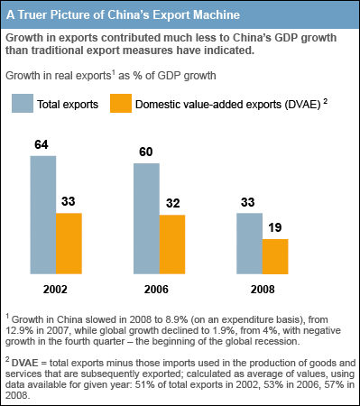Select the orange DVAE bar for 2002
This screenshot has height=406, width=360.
69,243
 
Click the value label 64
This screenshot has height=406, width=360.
42,146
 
